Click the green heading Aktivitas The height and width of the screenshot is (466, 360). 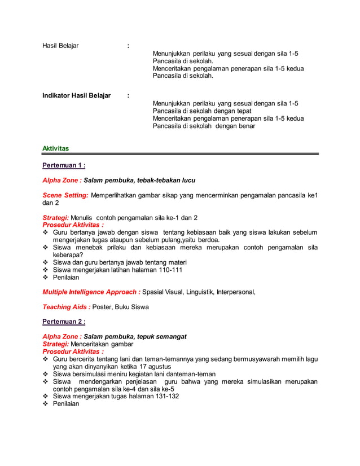[x=55, y=148]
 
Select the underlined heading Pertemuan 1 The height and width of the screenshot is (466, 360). [x=64, y=165]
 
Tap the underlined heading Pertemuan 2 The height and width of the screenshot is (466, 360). [x=64, y=322]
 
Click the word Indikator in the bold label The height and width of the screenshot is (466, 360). [x=56, y=96]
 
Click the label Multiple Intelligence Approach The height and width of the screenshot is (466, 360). [x=91, y=292]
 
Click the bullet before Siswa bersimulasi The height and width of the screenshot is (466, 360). [x=46, y=374]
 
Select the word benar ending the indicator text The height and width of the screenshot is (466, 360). [x=245, y=126]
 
